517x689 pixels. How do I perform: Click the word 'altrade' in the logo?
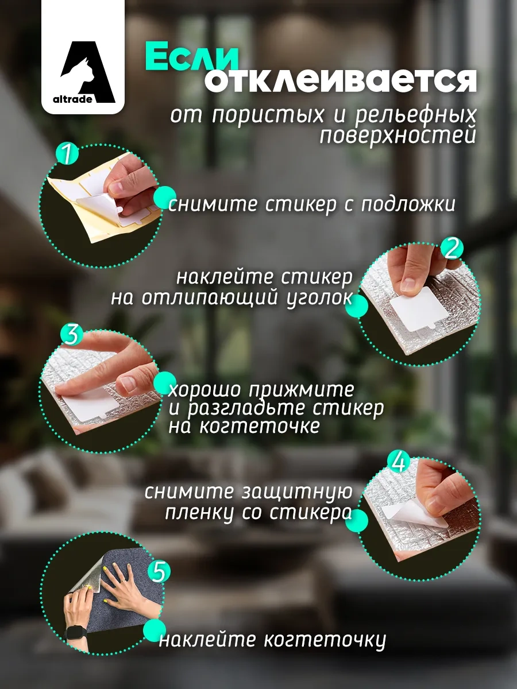click(x=72, y=99)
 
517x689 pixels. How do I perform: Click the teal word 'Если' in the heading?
click(x=191, y=57)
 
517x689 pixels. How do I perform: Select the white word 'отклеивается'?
click(x=341, y=81)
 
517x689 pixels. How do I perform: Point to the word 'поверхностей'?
click(x=398, y=135)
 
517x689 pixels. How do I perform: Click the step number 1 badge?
click(x=67, y=154)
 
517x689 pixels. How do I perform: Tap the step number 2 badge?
click(x=452, y=248)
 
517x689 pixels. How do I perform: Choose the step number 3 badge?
click(x=72, y=335)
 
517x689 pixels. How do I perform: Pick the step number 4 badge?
click(x=399, y=462)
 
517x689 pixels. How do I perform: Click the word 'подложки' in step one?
click(x=408, y=204)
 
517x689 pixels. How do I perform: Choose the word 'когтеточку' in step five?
click(x=325, y=639)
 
